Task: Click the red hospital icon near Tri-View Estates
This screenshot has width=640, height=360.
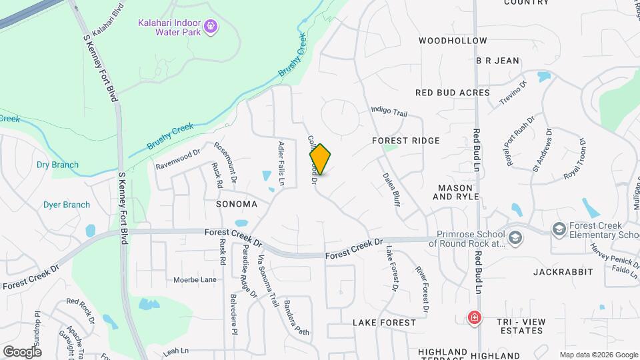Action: pyautogui.click(x=474, y=317)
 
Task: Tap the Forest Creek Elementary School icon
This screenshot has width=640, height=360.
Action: pyautogui.click(x=558, y=230)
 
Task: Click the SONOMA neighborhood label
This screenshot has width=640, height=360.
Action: pyautogui.click(x=237, y=203)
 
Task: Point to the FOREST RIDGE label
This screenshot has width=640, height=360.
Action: pyautogui.click(x=406, y=141)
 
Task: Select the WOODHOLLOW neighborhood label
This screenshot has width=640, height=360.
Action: pyautogui.click(x=453, y=41)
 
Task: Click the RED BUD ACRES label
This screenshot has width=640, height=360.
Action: pyautogui.click(x=453, y=93)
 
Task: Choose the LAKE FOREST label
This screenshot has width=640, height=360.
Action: pyautogui.click(x=384, y=323)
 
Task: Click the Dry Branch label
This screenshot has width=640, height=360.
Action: pyautogui.click(x=57, y=165)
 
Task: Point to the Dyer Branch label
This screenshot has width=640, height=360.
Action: pyautogui.click(x=67, y=205)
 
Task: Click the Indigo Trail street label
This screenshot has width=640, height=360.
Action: pyautogui.click(x=389, y=111)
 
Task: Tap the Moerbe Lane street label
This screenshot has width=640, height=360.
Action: pyautogui.click(x=195, y=280)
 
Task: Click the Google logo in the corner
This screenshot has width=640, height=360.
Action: pyautogui.click(x=22, y=351)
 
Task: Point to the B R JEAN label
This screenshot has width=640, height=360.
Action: pyautogui.click(x=497, y=61)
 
